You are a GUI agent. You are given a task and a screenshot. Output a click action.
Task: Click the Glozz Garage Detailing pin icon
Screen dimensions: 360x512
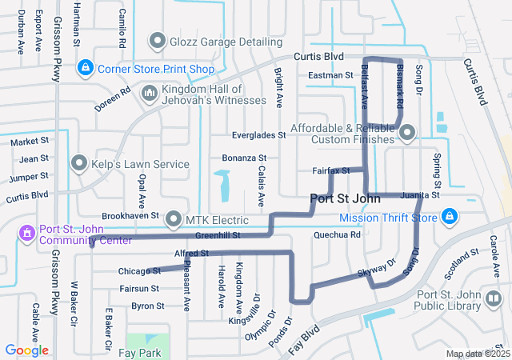pos(157,40)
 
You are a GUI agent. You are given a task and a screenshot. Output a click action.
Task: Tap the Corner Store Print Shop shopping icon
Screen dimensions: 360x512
pos(85,69)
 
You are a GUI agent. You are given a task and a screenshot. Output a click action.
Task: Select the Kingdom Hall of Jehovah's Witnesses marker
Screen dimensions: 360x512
pos(150,94)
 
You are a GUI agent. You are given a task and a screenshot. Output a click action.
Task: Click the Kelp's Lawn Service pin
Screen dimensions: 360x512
pos(79,164)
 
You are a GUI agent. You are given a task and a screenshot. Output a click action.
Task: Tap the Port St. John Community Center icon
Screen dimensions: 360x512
pos(26,232)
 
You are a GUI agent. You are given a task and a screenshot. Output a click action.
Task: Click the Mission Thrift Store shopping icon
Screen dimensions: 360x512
pos(450,217)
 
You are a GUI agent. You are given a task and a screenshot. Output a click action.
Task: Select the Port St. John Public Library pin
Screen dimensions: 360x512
pos(494,299)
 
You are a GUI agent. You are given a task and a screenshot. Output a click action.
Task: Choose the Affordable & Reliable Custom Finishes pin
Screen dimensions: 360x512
pos(408,133)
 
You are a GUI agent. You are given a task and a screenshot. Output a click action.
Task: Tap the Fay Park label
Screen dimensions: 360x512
pos(146,353)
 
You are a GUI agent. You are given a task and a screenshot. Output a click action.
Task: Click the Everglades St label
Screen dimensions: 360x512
pos(259,136)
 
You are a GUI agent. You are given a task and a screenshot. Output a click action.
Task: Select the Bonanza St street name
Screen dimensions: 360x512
pos(244,158)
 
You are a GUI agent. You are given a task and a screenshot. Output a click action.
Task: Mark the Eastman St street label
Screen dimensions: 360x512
pos(331,75)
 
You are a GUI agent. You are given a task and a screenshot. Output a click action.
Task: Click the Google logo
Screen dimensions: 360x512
pos(26,350)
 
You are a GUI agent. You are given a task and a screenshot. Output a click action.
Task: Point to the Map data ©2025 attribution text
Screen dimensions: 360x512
pos(478,354)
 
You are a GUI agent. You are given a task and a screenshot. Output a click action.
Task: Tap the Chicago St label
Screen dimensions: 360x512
pos(140,271)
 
